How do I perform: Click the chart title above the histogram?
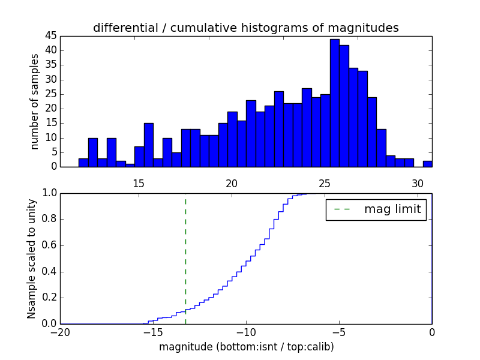[x=245, y=28]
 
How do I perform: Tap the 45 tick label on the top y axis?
[x=50, y=36]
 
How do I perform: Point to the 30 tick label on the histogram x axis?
[x=418, y=184]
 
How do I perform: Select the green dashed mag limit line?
[x=185, y=258]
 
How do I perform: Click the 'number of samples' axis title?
[x=35, y=101]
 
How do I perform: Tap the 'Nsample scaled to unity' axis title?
[x=32, y=258]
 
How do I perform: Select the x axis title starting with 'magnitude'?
[x=246, y=347]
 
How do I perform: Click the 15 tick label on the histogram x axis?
[x=138, y=184]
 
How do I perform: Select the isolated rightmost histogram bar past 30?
[x=427, y=164]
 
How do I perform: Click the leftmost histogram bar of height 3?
[x=83, y=163]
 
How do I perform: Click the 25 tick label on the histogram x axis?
[x=325, y=184]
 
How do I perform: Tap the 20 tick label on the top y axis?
[x=50, y=109]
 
